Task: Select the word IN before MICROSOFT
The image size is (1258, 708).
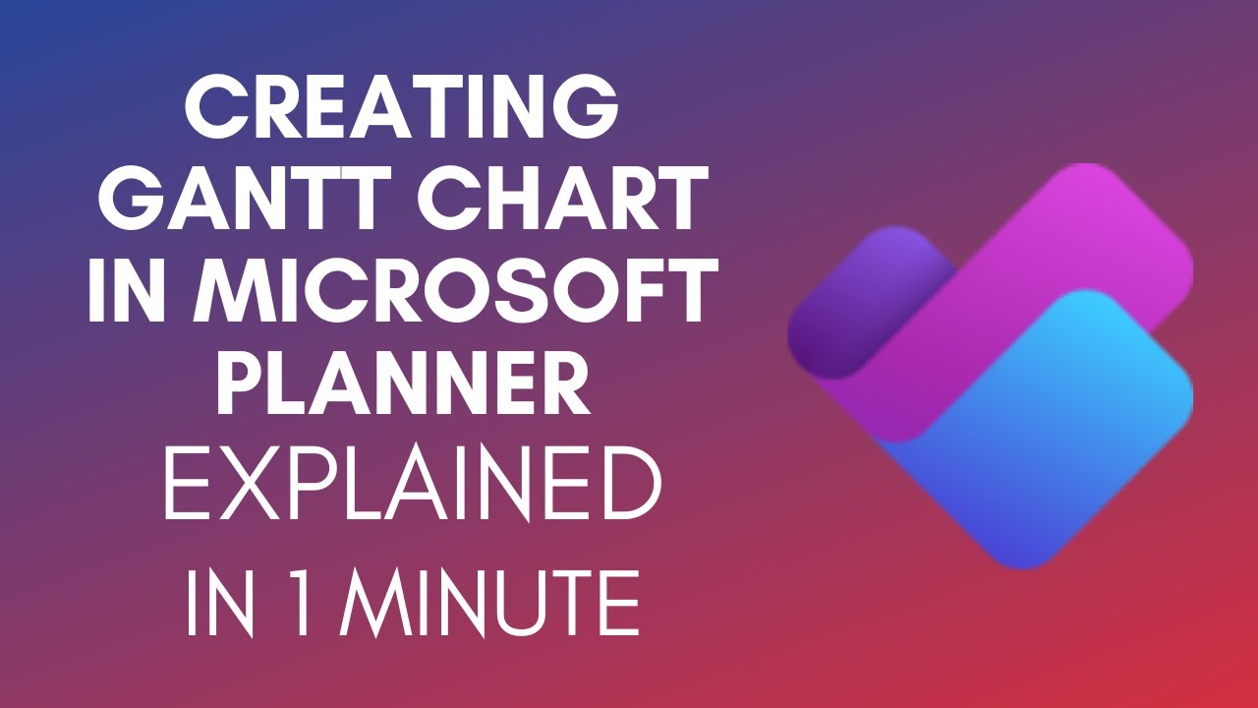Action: point(131,290)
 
